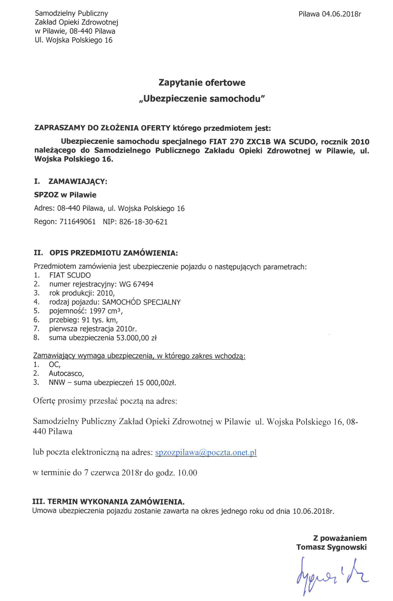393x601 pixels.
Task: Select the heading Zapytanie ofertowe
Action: pos(202,82)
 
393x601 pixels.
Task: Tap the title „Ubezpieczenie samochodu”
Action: pos(202,98)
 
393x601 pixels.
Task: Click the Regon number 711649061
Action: pos(78,222)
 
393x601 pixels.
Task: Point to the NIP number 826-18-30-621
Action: pos(143,222)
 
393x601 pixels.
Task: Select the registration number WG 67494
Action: pos(136,284)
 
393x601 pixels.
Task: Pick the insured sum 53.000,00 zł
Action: pos(137,338)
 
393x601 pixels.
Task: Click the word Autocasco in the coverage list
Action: pos(66,374)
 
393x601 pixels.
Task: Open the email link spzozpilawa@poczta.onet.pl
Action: pos(206,452)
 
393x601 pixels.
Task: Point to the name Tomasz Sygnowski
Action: pos(331,547)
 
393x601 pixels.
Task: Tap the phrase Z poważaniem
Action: pos(340,538)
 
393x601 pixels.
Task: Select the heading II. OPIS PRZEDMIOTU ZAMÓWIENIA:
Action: pos(106,253)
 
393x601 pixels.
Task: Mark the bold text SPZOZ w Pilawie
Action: pos(65,195)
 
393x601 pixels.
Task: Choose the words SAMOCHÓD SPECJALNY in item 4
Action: pos(141,302)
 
